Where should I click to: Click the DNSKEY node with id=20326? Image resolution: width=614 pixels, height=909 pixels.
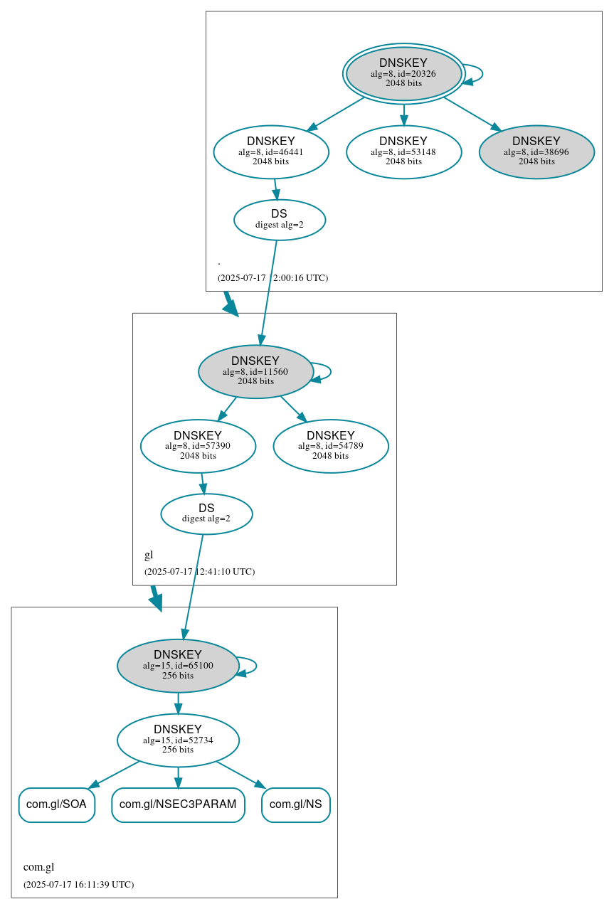click(x=403, y=73)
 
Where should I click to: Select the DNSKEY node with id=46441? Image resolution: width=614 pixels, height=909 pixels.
click(x=271, y=151)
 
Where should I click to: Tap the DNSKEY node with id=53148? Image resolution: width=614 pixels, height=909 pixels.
click(x=403, y=151)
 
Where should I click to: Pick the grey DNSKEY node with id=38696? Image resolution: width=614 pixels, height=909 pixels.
click(x=536, y=151)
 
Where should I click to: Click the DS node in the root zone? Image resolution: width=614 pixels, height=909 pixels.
click(x=280, y=220)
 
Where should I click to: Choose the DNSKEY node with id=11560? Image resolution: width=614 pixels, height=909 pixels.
click(x=255, y=371)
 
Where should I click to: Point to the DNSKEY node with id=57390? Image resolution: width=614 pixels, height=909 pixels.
click(x=198, y=446)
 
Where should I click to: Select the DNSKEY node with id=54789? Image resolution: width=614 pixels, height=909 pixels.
click(x=331, y=446)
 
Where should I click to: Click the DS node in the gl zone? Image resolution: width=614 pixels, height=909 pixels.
click(x=206, y=514)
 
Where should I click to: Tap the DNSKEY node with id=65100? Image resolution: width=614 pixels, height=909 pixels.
click(x=178, y=666)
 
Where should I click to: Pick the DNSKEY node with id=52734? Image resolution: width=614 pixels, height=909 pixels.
click(x=178, y=740)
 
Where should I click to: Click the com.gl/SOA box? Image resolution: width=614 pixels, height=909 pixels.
click(x=56, y=804)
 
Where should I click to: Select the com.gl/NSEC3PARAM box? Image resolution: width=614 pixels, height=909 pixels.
click(x=178, y=804)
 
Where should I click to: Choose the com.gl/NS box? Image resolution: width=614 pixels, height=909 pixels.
click(x=295, y=804)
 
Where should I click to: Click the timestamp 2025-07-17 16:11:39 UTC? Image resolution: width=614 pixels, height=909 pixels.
click(x=78, y=885)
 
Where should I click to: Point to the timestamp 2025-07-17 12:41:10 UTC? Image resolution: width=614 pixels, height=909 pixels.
click(x=199, y=572)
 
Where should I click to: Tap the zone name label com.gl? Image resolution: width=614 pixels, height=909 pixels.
click(x=39, y=867)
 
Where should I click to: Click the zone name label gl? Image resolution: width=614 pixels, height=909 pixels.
click(x=149, y=555)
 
